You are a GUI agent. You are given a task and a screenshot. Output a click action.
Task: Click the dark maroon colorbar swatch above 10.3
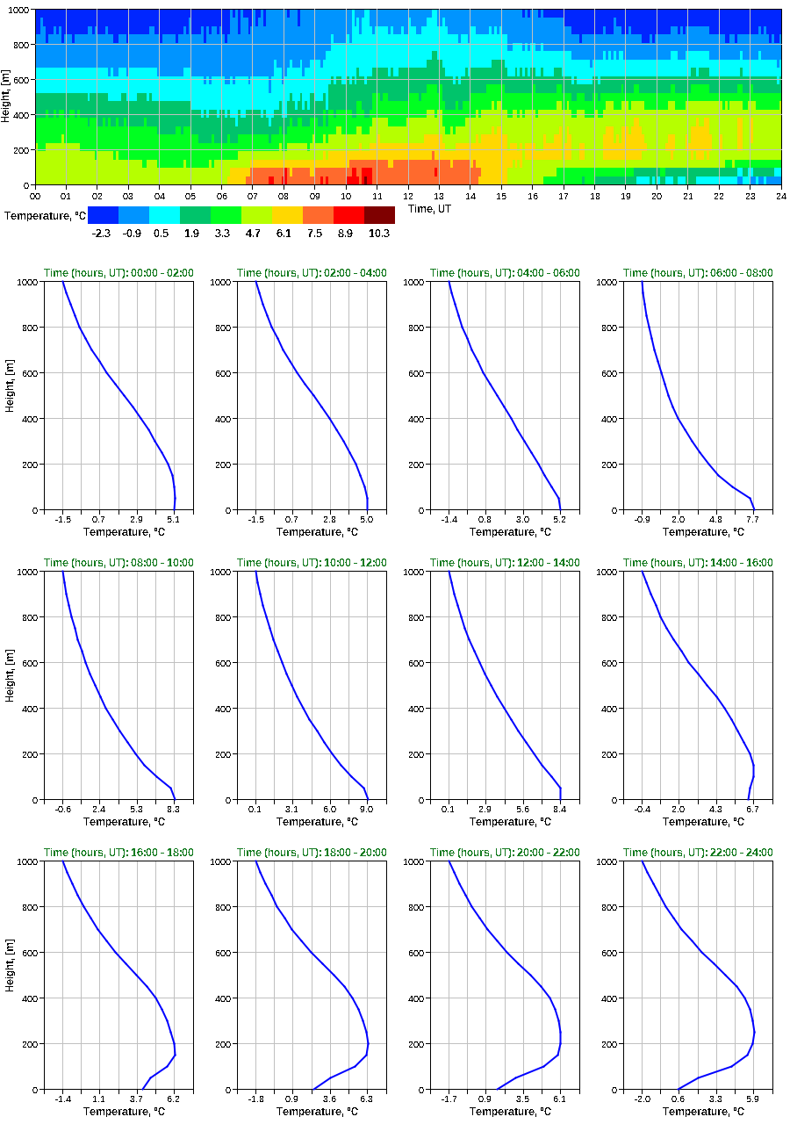pos(379,215)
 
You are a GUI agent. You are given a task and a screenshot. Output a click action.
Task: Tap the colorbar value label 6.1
pos(287,234)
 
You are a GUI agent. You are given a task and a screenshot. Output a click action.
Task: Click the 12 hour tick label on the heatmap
pos(408,196)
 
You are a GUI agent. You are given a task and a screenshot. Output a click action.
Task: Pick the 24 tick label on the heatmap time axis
pos(780,196)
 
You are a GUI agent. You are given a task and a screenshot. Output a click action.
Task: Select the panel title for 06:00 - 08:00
pos(698,273)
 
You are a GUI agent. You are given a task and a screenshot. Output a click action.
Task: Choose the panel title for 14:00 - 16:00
pos(698,563)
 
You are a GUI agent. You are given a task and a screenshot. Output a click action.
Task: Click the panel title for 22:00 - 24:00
pos(698,853)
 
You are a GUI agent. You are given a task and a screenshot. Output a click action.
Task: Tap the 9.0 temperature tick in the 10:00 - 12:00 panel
pos(367,809)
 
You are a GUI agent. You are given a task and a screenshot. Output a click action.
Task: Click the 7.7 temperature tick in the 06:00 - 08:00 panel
pos(753,519)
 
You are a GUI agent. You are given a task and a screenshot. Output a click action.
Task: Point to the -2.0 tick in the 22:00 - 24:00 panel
pos(642,1099)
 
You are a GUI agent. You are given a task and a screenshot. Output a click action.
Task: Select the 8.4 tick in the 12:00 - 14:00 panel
pos(560,809)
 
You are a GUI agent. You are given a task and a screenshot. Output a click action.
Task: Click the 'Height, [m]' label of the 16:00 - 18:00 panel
pos(9,975)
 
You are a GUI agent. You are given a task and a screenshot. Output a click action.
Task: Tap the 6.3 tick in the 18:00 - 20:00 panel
pos(367,1099)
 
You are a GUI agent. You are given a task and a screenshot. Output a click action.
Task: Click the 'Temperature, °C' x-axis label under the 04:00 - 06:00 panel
pos(505,532)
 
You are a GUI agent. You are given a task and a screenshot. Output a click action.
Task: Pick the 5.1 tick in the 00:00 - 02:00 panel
pos(174,519)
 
